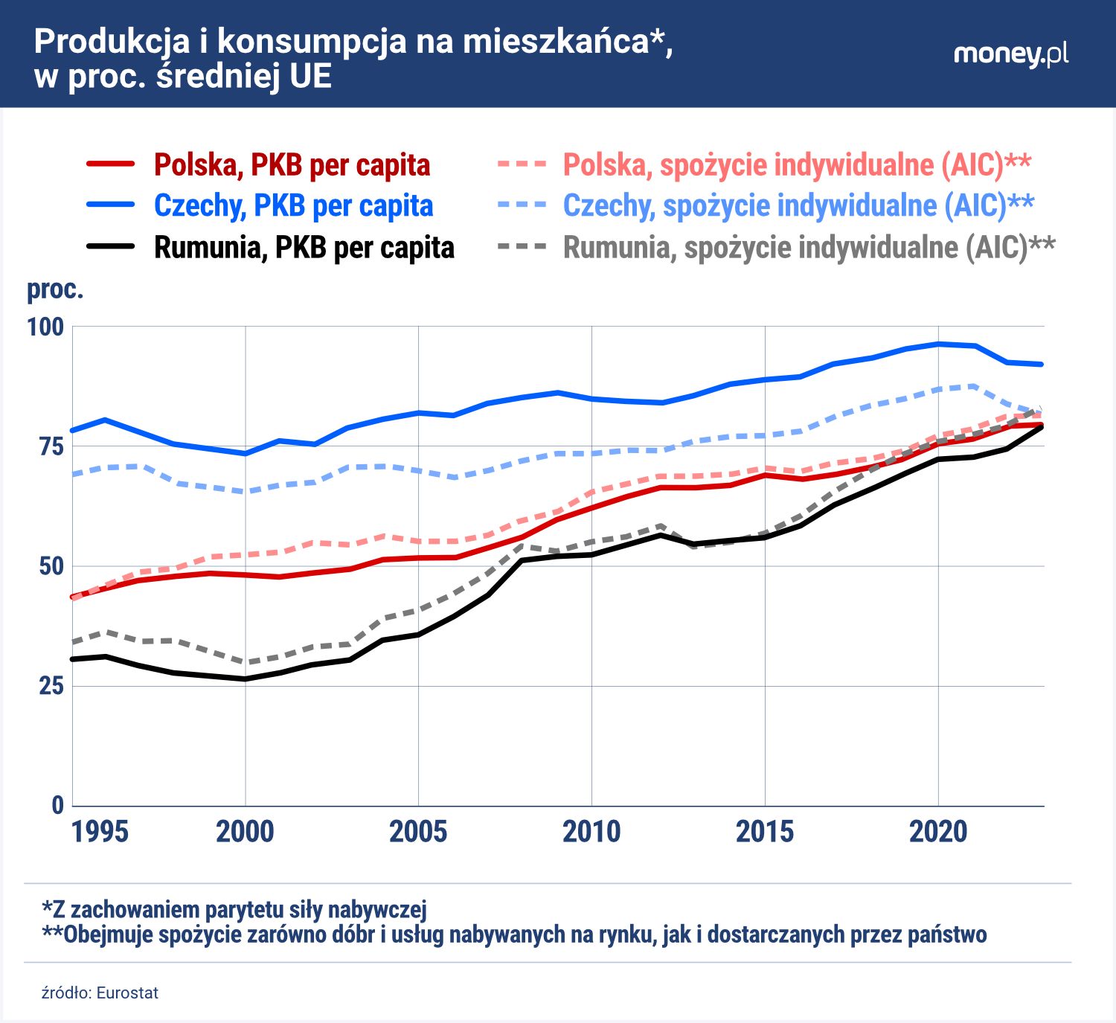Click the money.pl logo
[x=1010, y=54]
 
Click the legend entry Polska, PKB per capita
[x=292, y=165]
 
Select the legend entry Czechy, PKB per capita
[x=293, y=206]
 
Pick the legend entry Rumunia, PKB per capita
[x=304, y=248]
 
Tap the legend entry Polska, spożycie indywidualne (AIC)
[x=797, y=165]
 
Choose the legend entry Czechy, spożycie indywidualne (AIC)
[x=798, y=206]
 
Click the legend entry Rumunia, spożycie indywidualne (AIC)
[x=809, y=248]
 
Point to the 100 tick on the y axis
[x=45, y=327]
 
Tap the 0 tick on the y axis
[x=57, y=805]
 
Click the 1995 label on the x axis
[x=100, y=832]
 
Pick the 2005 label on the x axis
[x=418, y=832]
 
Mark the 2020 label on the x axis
[x=937, y=832]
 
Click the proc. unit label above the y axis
[x=55, y=289]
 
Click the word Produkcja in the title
[x=112, y=42]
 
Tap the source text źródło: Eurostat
[x=100, y=993]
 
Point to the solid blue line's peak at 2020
[x=938, y=344]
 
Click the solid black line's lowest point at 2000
[x=246, y=679]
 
